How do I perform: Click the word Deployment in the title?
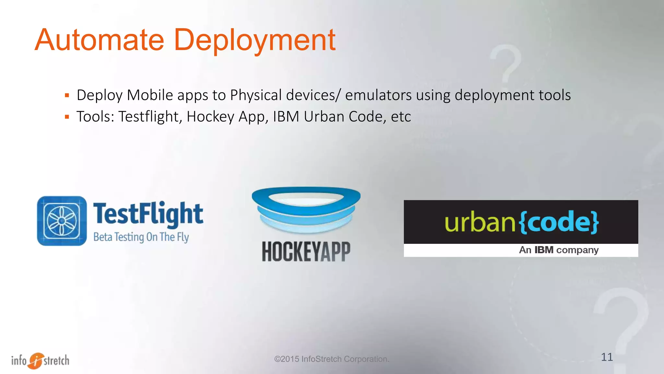255,41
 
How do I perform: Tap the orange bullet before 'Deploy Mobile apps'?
67,95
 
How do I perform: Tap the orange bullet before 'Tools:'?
67,117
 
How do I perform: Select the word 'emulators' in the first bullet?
378,95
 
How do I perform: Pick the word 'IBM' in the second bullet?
286,117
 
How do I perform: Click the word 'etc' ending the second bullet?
401,117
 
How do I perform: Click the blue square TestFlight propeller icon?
62,221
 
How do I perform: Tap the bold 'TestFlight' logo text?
148,214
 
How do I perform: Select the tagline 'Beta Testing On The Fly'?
141,237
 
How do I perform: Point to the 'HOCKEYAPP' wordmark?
306,251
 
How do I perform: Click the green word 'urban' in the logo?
480,222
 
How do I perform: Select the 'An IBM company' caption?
558,250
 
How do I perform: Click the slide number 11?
607,357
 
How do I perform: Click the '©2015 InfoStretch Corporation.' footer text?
331,359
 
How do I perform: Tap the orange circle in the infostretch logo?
36,361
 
